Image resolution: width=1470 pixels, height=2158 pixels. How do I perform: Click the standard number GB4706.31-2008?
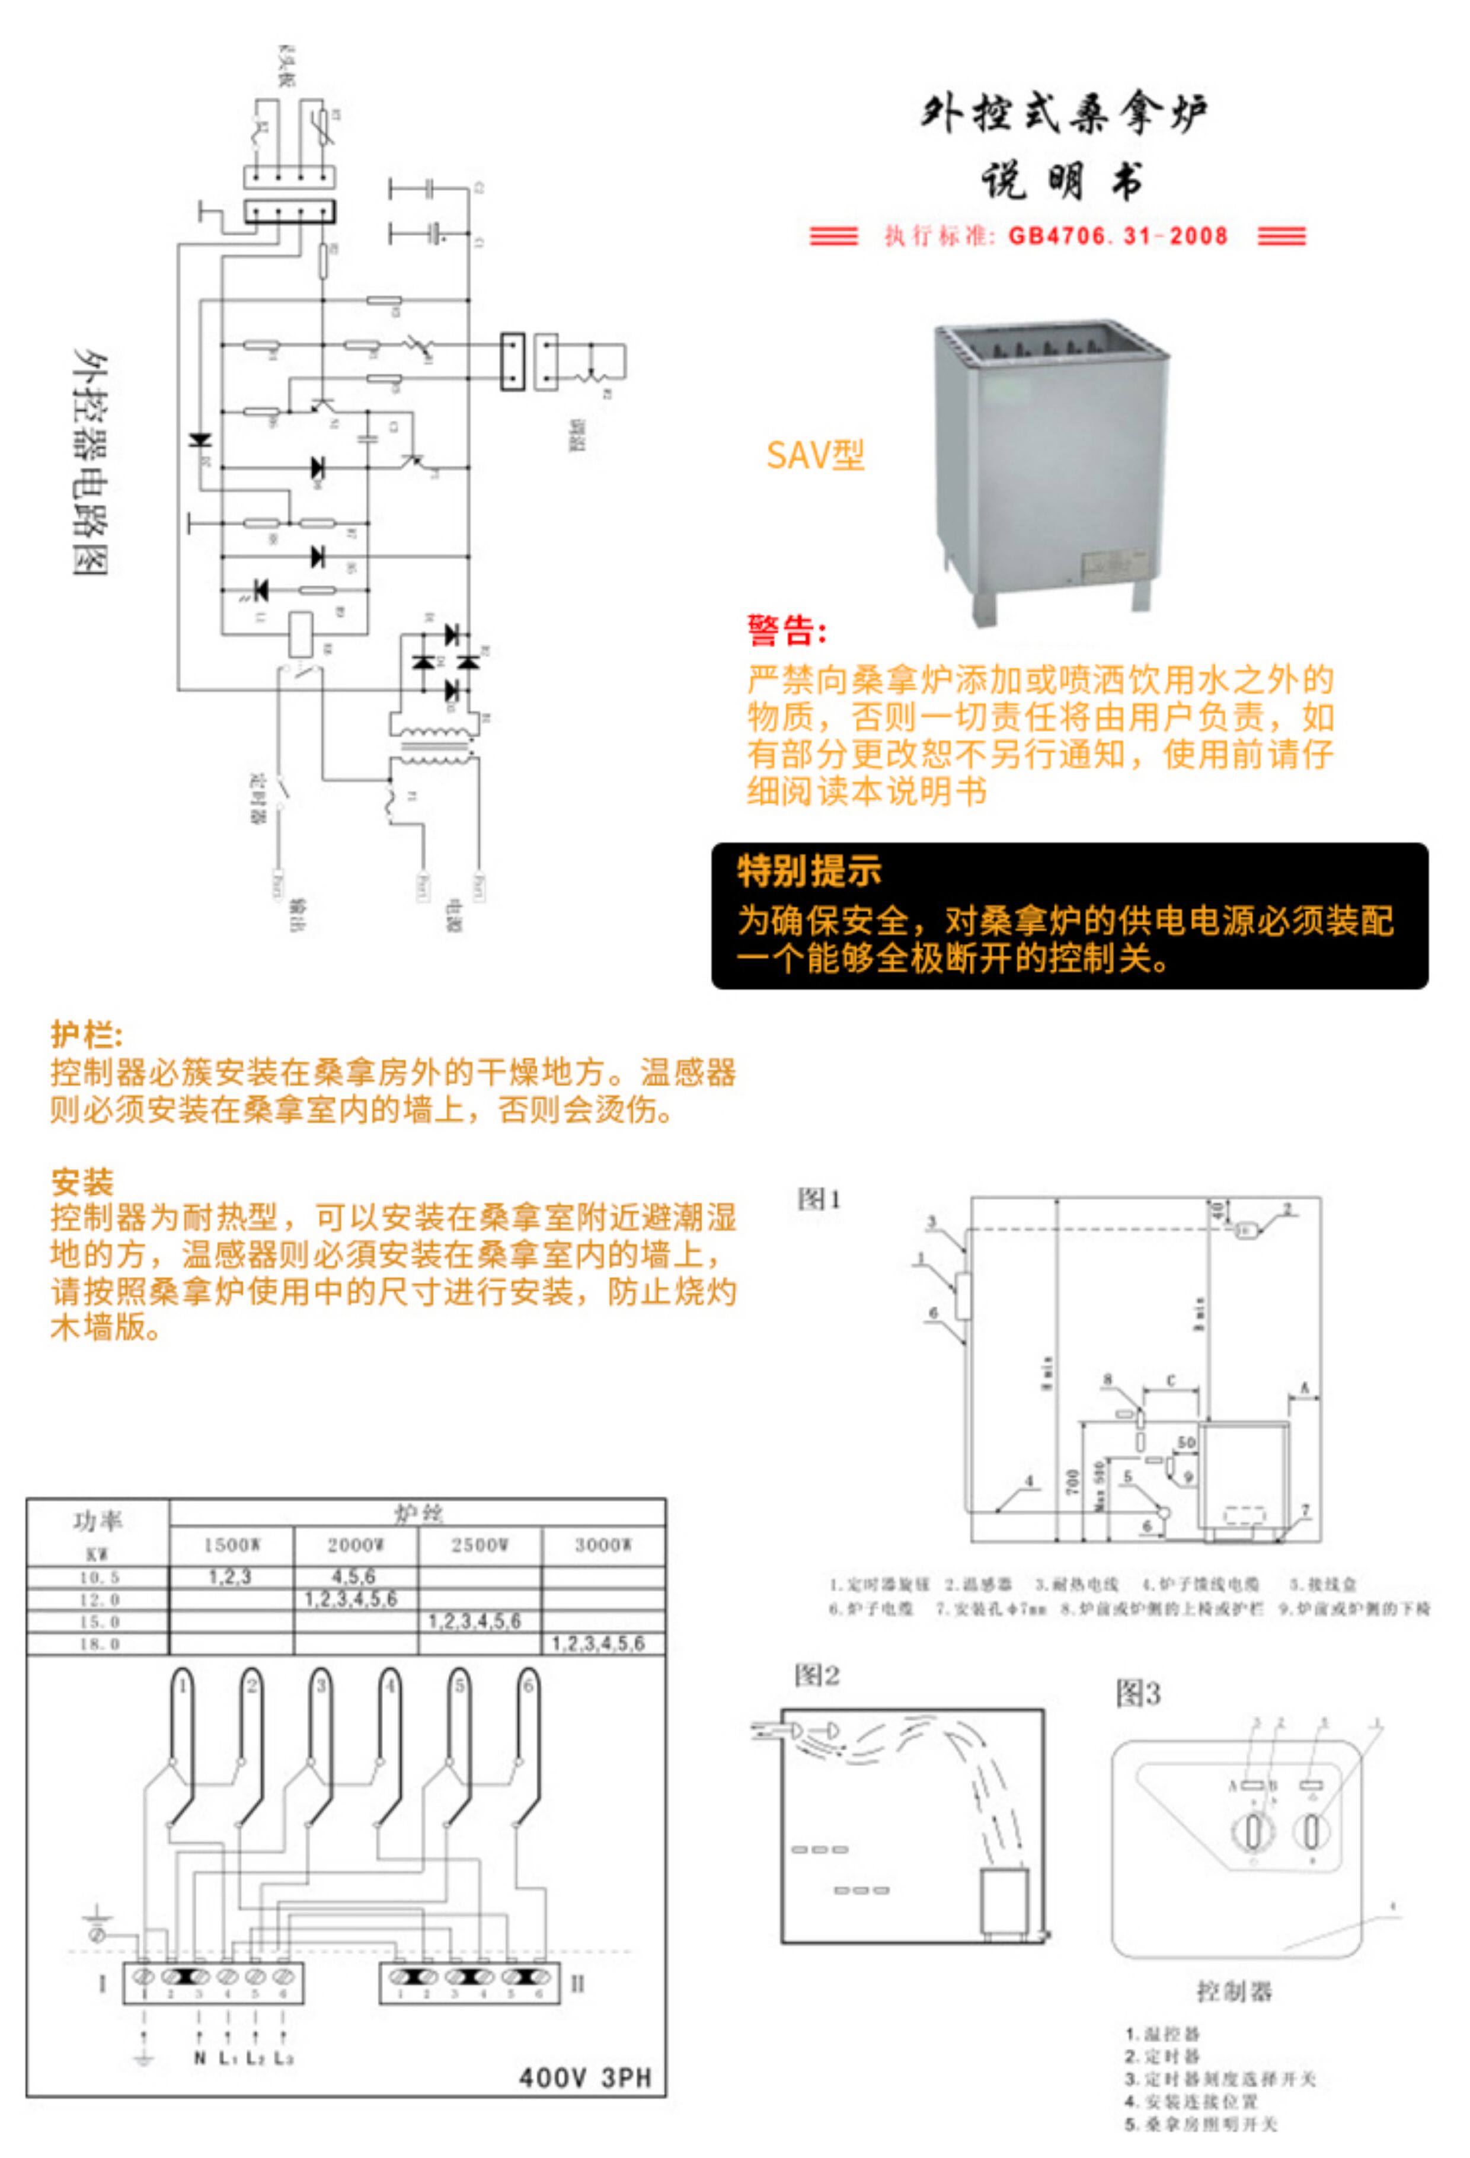tap(1117, 236)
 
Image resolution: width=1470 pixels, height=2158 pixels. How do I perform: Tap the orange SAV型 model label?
tap(814, 455)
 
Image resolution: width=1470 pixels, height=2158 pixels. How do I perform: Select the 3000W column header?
tap(603, 1545)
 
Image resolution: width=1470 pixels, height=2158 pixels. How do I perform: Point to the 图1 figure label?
tap(819, 1199)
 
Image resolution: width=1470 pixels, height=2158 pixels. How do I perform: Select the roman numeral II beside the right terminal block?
tap(577, 1984)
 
